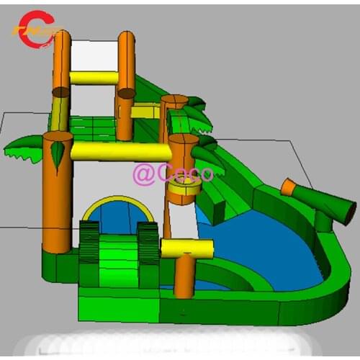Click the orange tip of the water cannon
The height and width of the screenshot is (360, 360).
288,188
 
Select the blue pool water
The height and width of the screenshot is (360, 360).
266,245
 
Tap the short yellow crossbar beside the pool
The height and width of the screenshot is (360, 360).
187,248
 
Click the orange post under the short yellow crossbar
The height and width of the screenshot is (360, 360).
184,277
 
